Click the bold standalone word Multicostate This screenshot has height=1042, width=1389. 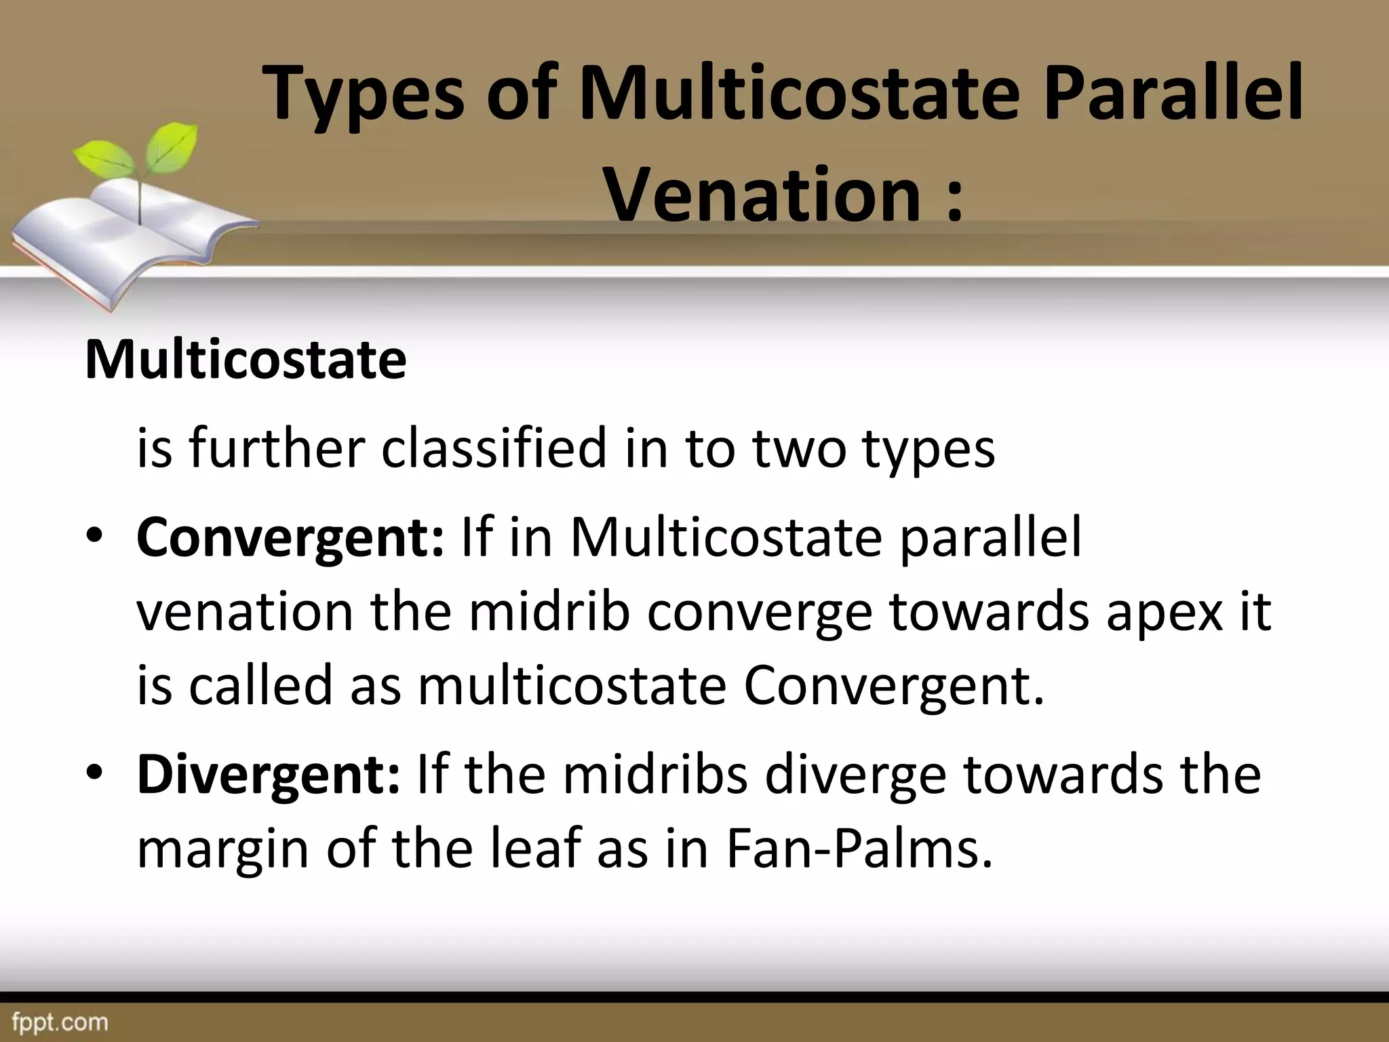[246, 360]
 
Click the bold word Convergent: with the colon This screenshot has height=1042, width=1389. [290, 537]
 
